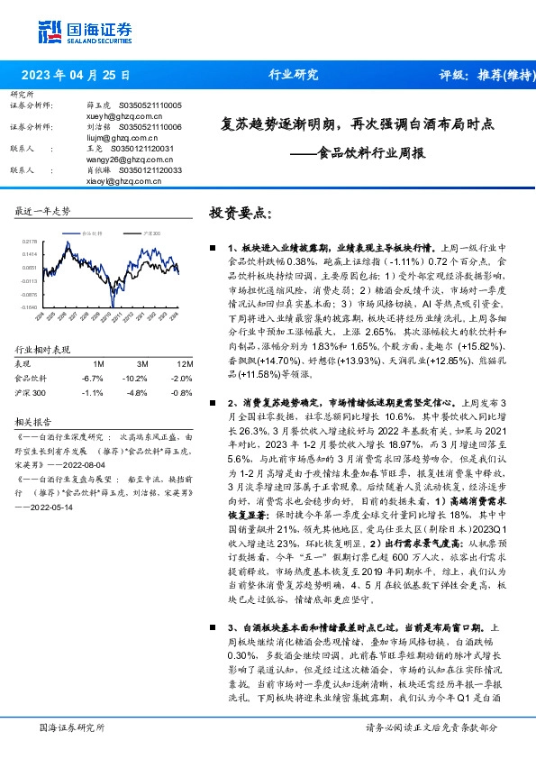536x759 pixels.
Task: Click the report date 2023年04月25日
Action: click(77, 77)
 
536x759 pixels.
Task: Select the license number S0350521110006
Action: click(145, 127)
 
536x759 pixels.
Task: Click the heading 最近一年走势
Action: click(43, 211)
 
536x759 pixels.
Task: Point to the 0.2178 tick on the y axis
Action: click(28, 242)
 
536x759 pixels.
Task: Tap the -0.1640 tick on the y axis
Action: click(28, 307)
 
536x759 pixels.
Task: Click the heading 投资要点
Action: click(239, 212)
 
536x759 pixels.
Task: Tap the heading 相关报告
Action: click(35, 421)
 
